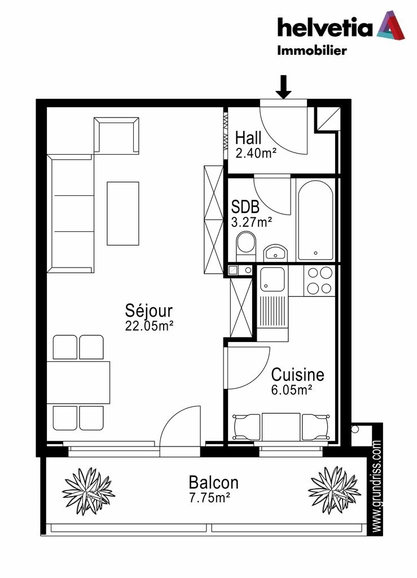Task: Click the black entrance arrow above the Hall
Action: pyautogui.click(x=283, y=87)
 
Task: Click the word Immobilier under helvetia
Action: pyautogui.click(x=312, y=50)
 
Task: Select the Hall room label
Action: pyautogui.click(x=248, y=138)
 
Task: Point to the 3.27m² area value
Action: pyautogui.click(x=251, y=222)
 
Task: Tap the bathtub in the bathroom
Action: pyautogui.click(x=315, y=221)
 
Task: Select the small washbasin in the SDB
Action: pyautogui.click(x=275, y=252)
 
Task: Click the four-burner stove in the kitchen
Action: pyautogui.click(x=319, y=281)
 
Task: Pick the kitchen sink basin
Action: pyautogui.click(x=272, y=279)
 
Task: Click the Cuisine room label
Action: pyautogui.click(x=297, y=375)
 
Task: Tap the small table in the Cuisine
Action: pyautogui.click(x=281, y=427)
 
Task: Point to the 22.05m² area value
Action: pyautogui.click(x=149, y=326)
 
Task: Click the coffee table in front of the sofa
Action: pyautogui.click(x=123, y=213)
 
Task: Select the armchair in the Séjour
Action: pyautogui.click(x=116, y=135)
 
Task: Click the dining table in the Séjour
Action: pyautogui.click(x=78, y=383)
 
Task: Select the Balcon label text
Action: pyautogui.click(x=214, y=482)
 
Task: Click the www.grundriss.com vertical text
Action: pyautogui.click(x=376, y=486)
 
